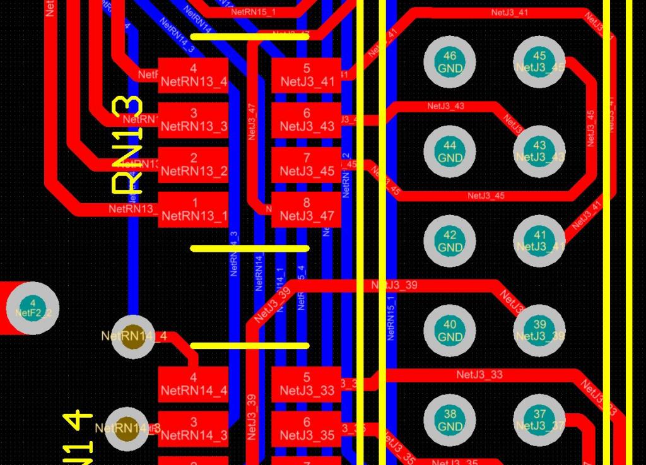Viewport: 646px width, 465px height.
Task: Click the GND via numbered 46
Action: (450, 62)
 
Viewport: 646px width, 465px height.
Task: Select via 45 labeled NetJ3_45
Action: (539, 62)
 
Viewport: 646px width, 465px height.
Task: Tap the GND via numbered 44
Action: (450, 151)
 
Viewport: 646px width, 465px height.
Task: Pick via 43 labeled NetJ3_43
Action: (539, 151)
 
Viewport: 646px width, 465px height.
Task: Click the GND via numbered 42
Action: (450, 241)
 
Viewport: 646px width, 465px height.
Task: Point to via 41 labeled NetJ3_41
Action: (539, 241)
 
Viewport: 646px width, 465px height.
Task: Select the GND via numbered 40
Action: (450, 331)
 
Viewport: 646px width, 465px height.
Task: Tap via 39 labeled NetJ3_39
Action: (539, 331)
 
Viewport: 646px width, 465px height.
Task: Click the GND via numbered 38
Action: (450, 420)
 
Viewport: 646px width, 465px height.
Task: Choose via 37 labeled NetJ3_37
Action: (539, 420)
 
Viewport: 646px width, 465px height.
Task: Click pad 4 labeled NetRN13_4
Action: (193, 76)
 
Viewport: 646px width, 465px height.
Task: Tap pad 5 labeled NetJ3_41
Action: (307, 76)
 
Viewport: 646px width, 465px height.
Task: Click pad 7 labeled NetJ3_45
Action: (307, 165)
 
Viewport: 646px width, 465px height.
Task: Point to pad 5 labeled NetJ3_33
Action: (307, 385)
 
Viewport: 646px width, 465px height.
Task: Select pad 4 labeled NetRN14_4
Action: (193, 385)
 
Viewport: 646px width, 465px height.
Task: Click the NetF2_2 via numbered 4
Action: (33, 309)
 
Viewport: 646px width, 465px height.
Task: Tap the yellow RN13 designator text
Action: (127, 144)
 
